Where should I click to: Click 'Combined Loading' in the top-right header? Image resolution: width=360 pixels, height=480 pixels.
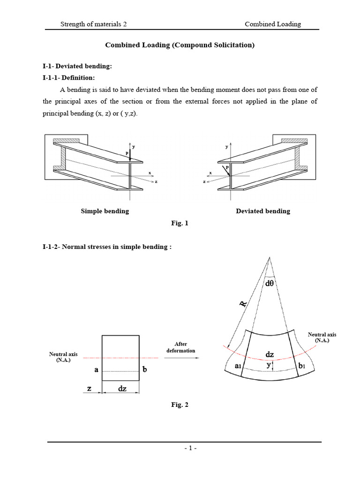pyautogui.click(x=273, y=24)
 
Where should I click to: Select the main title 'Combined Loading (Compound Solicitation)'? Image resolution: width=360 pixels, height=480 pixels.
pyautogui.click(x=180, y=45)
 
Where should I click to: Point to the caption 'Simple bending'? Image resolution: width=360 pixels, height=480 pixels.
pyautogui.click(x=105, y=211)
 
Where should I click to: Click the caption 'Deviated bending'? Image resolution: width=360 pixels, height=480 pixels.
pyautogui.click(x=262, y=211)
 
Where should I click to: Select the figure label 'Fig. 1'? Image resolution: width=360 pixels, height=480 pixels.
pyautogui.click(x=180, y=224)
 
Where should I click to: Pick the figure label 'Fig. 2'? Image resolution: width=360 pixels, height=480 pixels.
pyautogui.click(x=180, y=405)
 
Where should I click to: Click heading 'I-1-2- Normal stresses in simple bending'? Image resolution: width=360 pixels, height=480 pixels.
pyautogui.click(x=107, y=247)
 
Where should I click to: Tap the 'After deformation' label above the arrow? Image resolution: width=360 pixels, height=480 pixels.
pyautogui.click(x=180, y=347)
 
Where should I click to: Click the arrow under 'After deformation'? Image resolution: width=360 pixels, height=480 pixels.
pyautogui.click(x=180, y=358)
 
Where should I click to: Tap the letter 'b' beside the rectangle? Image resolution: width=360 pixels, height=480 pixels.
pyautogui.click(x=145, y=369)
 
